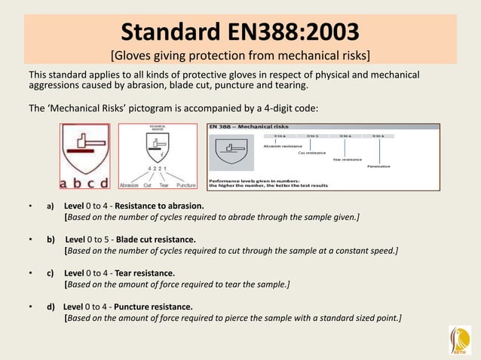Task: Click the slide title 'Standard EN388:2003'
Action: pos(240,32)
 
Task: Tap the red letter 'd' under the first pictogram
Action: pos(103,182)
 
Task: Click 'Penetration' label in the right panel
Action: pos(379,166)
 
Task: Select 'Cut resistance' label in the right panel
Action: pos(311,153)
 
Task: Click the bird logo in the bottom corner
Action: pos(459,340)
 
